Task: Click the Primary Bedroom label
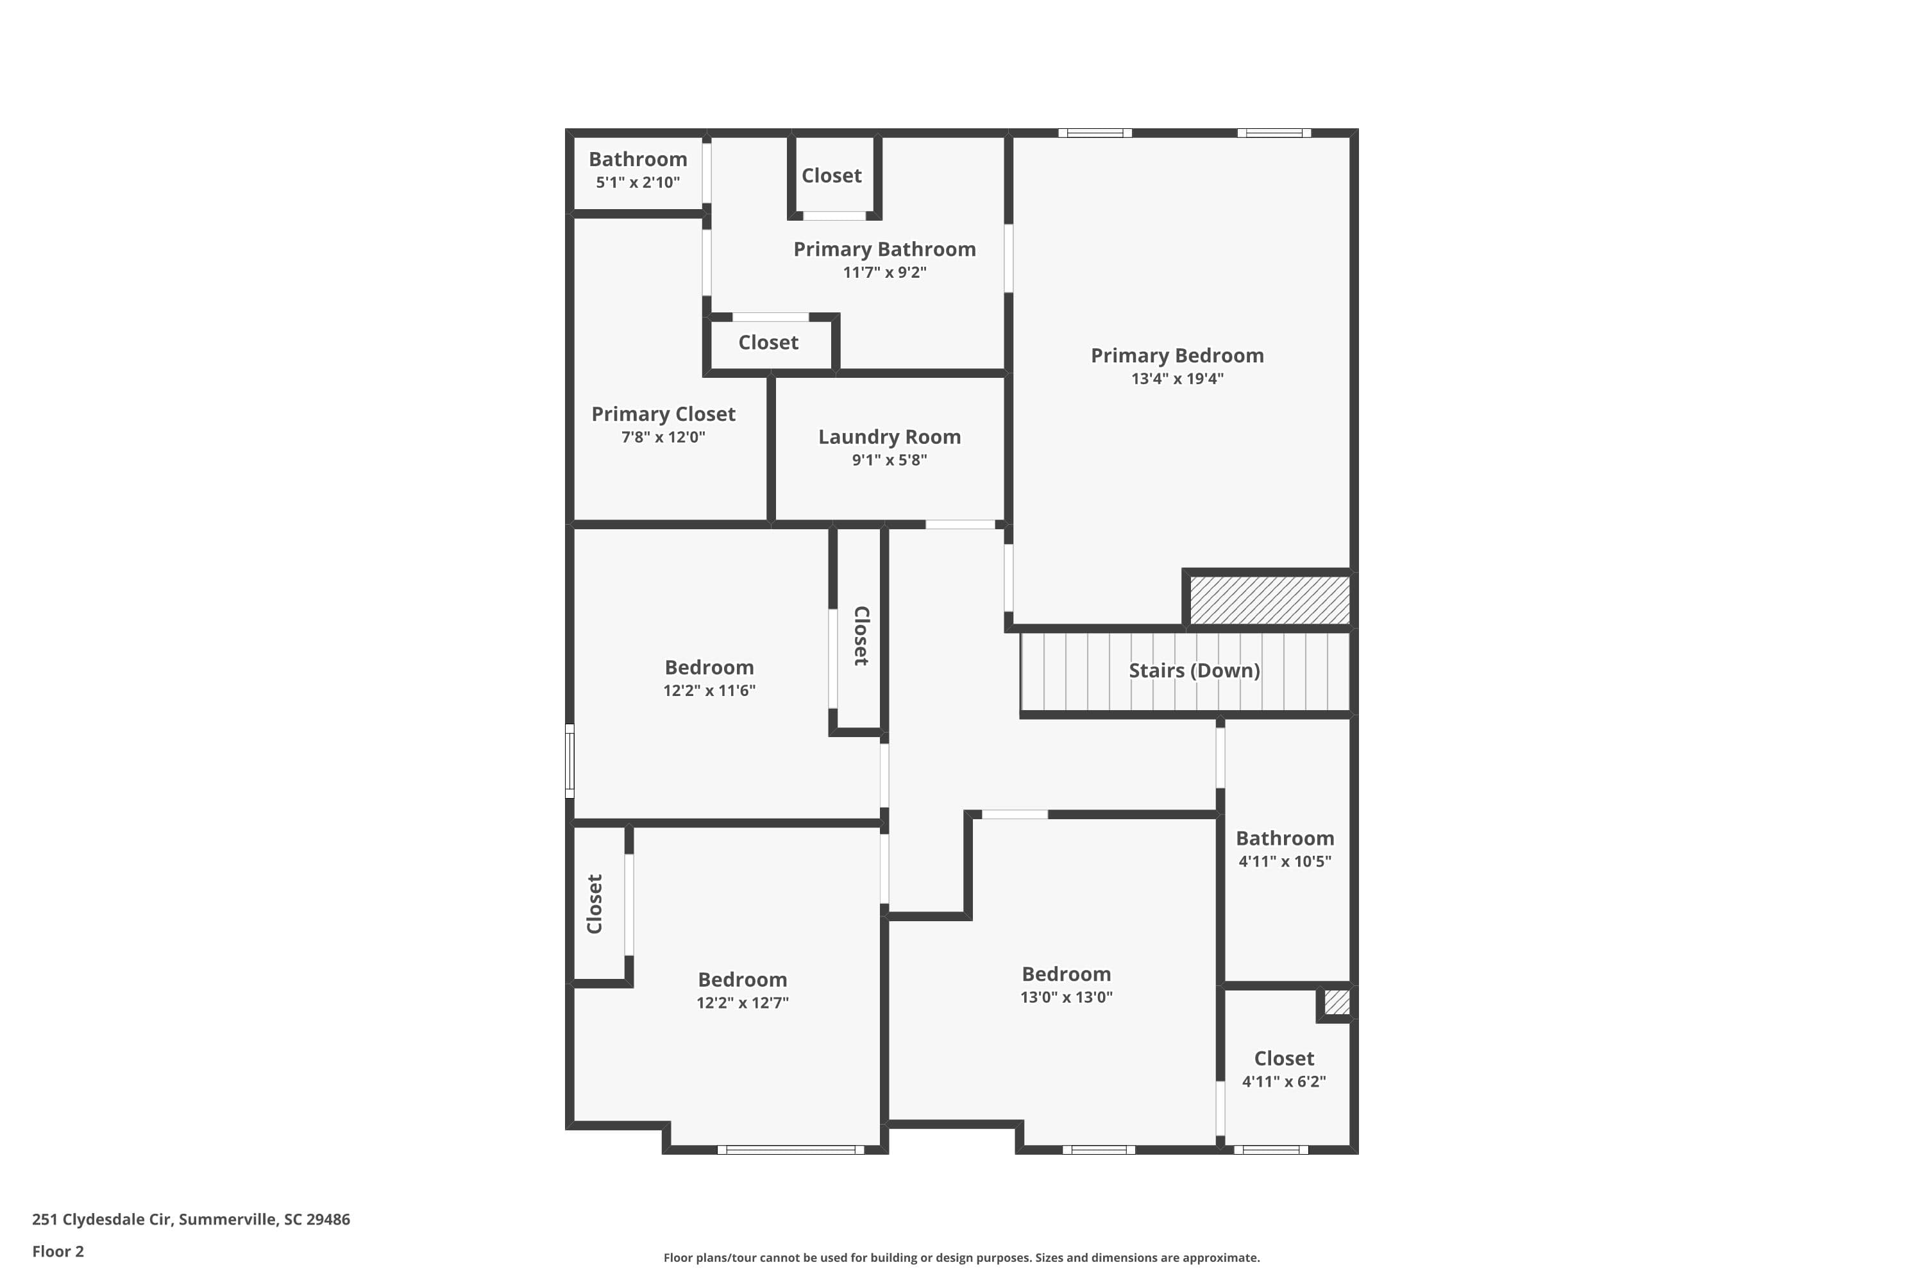[x=1176, y=355]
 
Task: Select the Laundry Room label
[x=889, y=437]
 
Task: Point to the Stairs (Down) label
[x=1194, y=670]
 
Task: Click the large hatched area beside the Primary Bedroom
[x=1269, y=600]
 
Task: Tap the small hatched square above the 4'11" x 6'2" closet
[x=1336, y=1002]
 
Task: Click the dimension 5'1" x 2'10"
[x=637, y=182]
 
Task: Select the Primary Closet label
[x=662, y=414]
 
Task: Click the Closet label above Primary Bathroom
[x=831, y=176]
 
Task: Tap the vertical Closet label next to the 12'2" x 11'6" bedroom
[x=861, y=636]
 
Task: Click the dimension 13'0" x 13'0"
[x=1066, y=997]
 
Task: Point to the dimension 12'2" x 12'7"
[x=742, y=1002]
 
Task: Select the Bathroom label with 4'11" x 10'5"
[x=1285, y=838]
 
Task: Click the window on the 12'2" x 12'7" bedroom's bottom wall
[x=790, y=1150]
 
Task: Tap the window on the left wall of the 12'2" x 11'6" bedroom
[x=570, y=760]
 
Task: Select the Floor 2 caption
[x=58, y=1251]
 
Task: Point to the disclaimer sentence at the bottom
[x=961, y=1257]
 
